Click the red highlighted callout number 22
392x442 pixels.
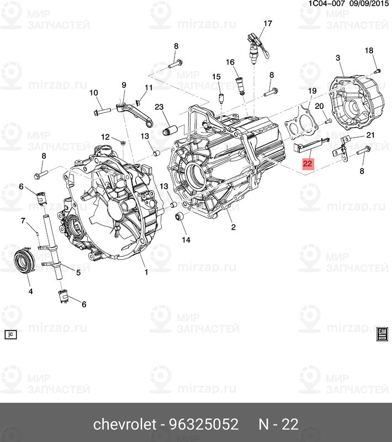pyautogui.click(x=308, y=164)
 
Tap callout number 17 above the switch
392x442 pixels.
pyautogui.click(x=268, y=23)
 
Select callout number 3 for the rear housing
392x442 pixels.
pyautogui.click(x=337, y=57)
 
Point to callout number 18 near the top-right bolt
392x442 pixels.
pyautogui.click(x=369, y=51)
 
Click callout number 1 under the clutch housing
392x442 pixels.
pyautogui.click(x=146, y=272)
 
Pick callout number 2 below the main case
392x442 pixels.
pyautogui.click(x=233, y=227)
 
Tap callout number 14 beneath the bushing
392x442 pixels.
pyautogui.click(x=185, y=240)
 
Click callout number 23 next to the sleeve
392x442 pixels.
pyautogui.click(x=159, y=107)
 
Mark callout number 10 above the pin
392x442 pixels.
pyautogui.click(x=93, y=92)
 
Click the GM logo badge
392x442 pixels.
pyautogui.click(x=381, y=333)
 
